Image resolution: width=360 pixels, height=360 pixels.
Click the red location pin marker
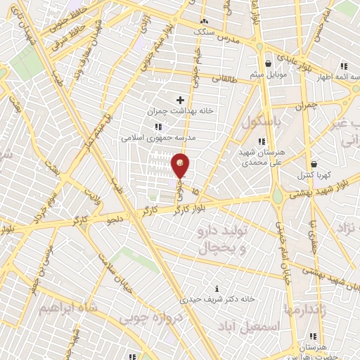[x=181, y=166]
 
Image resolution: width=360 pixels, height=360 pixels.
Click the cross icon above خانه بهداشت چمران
[x=180, y=100]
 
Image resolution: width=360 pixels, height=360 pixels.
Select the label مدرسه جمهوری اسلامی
[x=157, y=138]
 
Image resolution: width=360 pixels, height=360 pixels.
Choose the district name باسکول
[x=261, y=122]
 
